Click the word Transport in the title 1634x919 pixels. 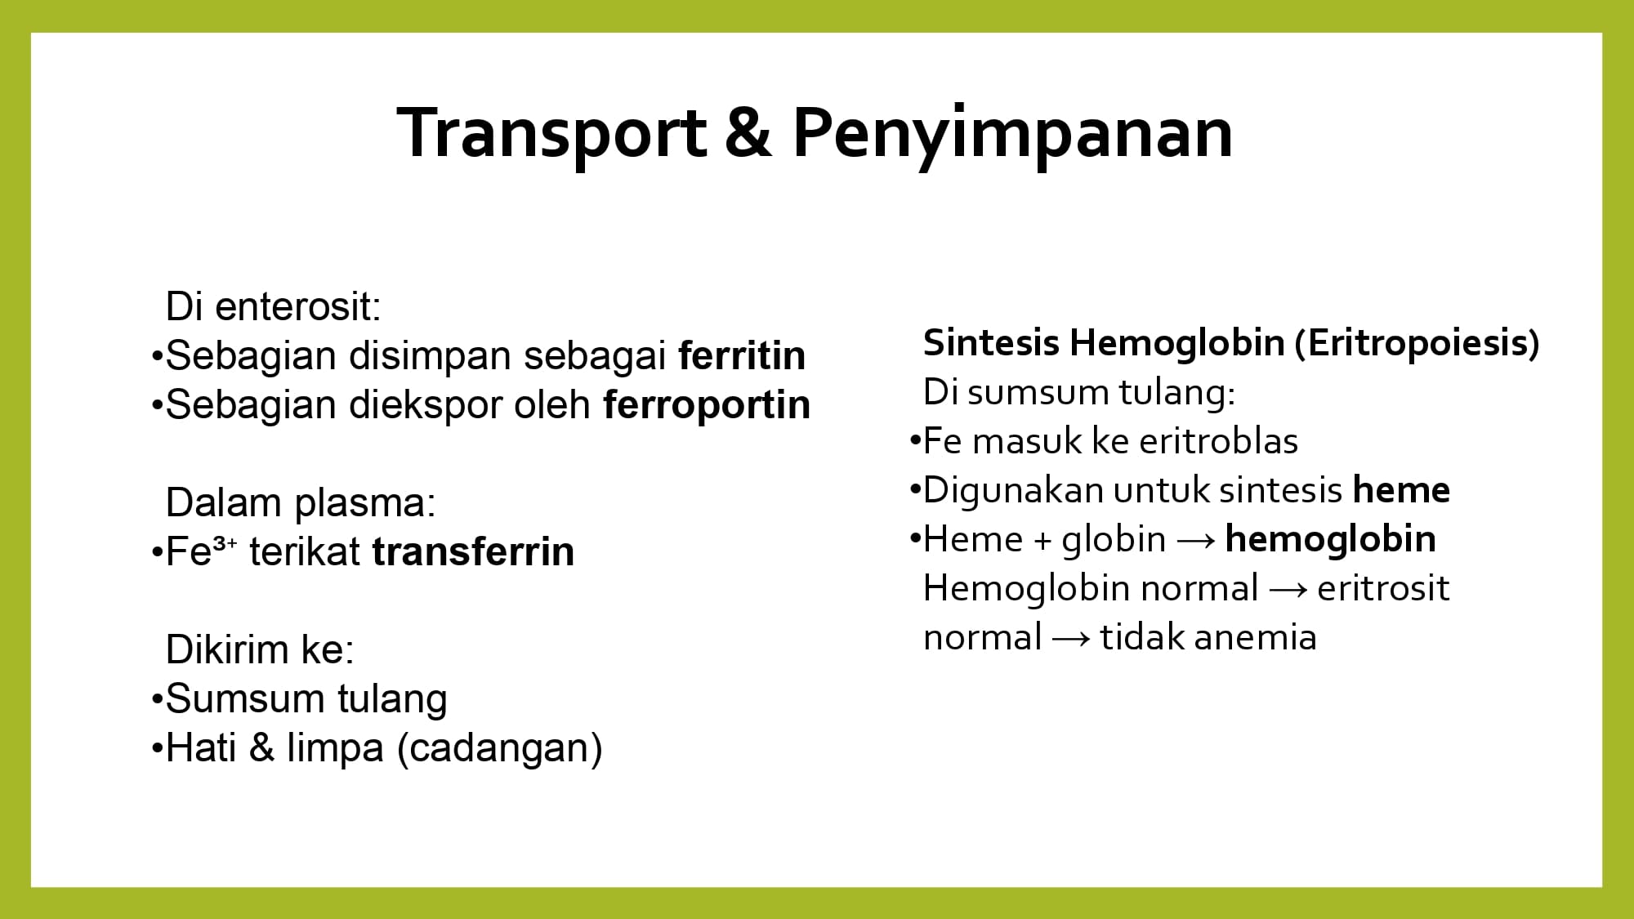point(552,133)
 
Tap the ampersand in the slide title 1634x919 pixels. point(748,133)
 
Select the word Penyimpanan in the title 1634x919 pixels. point(1012,136)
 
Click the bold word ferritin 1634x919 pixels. point(742,355)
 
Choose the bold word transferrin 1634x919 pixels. point(473,551)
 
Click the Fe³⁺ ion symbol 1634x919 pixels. point(201,551)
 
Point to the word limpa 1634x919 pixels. point(335,748)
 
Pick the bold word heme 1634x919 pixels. point(1401,490)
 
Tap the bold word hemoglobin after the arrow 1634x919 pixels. point(1331,539)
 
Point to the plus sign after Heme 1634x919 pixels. point(1042,541)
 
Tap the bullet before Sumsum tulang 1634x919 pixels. point(157,700)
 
